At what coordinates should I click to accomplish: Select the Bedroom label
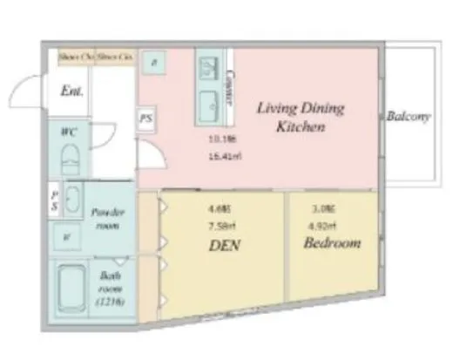pyautogui.click(x=332, y=243)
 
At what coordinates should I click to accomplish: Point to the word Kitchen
pyautogui.click(x=301, y=128)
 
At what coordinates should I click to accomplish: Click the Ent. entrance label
pyautogui.click(x=71, y=91)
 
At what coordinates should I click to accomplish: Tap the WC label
pyautogui.click(x=68, y=132)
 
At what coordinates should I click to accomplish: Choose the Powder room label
pyautogui.click(x=109, y=219)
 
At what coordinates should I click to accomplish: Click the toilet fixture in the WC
pyautogui.click(x=69, y=160)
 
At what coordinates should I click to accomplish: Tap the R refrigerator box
pyautogui.click(x=155, y=63)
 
